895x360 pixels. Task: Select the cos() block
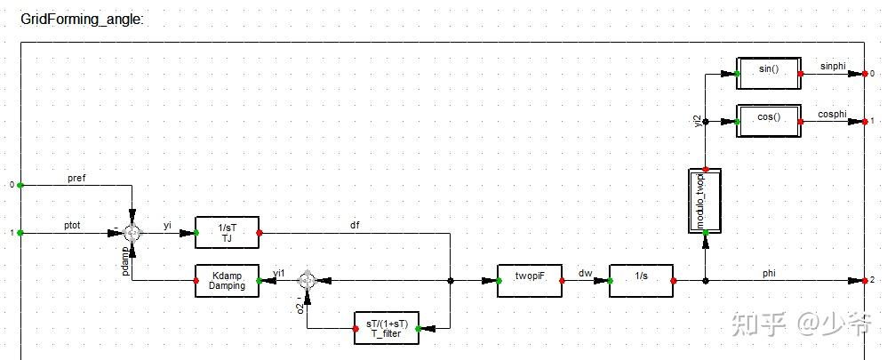point(769,118)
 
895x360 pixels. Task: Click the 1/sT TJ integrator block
point(227,233)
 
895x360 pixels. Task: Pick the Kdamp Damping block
point(227,280)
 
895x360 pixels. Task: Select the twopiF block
point(529,280)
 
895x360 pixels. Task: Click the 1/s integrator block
point(641,280)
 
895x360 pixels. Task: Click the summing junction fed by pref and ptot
point(132,233)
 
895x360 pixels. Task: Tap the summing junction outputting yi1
point(307,280)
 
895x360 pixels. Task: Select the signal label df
point(356,226)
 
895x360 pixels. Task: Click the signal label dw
point(585,273)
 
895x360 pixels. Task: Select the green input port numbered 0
point(20,186)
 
